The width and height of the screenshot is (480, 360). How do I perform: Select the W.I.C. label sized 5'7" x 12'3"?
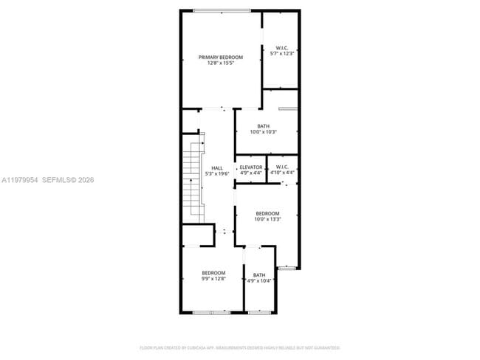282,47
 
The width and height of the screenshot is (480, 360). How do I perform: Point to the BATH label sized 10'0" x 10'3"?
263,126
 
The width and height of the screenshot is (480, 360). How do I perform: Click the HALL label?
216,168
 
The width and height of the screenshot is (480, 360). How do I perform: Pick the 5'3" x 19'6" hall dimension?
216,174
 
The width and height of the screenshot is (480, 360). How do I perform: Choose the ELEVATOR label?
251,167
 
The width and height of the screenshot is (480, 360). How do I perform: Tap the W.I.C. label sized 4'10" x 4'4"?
282,167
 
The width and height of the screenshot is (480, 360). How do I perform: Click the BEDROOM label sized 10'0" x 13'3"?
267,213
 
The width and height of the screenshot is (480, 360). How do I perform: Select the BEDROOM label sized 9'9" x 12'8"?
213,273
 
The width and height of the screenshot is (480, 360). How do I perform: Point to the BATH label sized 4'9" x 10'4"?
260,274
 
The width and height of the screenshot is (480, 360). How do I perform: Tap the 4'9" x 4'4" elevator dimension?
251,173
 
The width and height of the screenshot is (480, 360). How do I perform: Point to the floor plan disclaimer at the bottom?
239,347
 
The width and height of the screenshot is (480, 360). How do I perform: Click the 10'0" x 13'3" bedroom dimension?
267,219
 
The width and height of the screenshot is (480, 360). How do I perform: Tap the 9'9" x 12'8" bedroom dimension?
213,279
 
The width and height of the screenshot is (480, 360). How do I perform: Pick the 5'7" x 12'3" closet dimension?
282,54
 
